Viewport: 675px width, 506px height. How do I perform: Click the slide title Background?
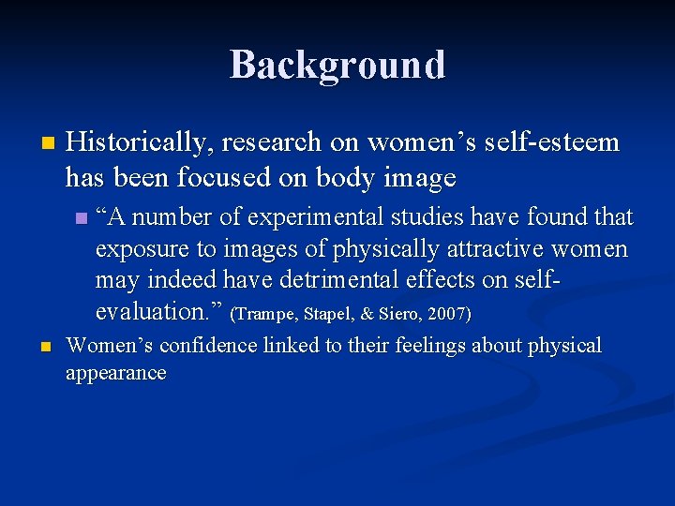tap(337, 65)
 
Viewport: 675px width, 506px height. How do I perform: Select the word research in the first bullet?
tap(275, 142)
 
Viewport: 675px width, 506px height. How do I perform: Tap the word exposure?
tap(146, 250)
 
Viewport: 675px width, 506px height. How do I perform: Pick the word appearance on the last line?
tap(115, 373)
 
